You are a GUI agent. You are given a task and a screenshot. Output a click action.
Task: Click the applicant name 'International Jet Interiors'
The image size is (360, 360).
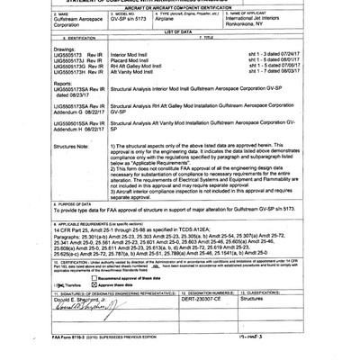[282, 31]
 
